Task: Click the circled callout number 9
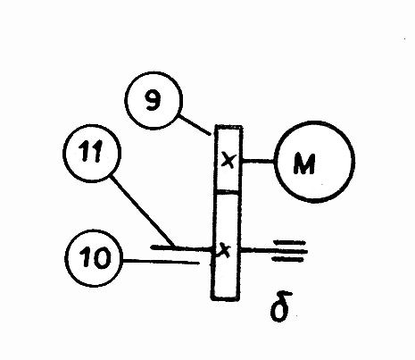(153, 100)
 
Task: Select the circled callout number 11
(92, 153)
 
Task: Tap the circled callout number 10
(94, 258)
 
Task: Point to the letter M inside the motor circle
(303, 163)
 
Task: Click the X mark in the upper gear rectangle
(228, 161)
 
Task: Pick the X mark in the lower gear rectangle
(225, 251)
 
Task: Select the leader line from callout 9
(195, 125)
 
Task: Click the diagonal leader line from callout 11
(141, 211)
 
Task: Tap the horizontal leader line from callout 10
(161, 262)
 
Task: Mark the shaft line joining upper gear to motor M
(258, 161)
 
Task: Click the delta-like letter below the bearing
(280, 306)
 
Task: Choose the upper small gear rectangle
(228, 158)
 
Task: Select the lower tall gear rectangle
(226, 246)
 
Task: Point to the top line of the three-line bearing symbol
(289, 242)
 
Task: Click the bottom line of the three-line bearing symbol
(287, 260)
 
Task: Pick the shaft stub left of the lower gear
(181, 247)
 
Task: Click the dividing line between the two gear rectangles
(228, 192)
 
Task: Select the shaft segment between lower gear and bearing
(256, 251)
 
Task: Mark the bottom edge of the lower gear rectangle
(226, 298)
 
